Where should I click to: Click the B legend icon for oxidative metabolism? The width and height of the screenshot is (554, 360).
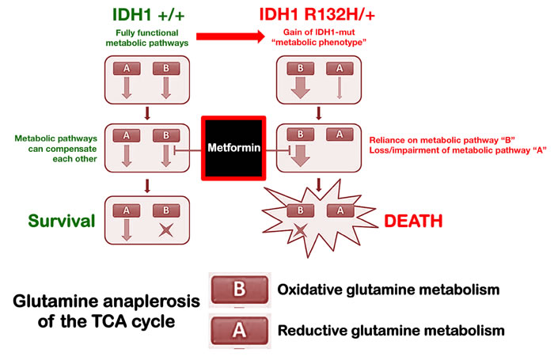tap(238, 290)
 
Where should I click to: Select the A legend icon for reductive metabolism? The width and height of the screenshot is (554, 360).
tap(238, 331)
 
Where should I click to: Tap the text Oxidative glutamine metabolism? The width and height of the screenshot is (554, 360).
tap(389, 290)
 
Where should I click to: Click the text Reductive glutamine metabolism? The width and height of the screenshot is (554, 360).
tap(390, 331)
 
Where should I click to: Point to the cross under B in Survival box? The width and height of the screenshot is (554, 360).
tap(166, 229)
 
